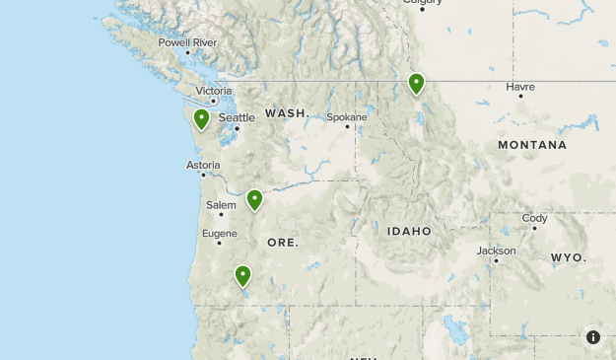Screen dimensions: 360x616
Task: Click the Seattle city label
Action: click(237, 117)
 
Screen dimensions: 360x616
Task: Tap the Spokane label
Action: click(347, 116)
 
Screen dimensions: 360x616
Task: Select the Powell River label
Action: click(187, 42)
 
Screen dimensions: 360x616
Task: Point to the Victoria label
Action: click(214, 91)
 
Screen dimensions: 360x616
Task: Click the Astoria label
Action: click(203, 165)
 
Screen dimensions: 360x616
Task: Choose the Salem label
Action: click(221, 205)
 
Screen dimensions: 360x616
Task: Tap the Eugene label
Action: click(220, 234)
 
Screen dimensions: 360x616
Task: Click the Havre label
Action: click(520, 87)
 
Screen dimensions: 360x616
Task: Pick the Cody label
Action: click(534, 218)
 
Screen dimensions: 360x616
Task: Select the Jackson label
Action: click(496, 251)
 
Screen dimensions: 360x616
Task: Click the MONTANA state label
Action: click(532, 145)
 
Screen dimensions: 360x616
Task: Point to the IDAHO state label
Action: click(409, 231)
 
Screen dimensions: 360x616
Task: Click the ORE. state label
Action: click(283, 242)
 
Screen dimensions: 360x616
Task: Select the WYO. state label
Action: click(568, 257)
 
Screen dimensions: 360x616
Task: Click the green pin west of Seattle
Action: click(201, 119)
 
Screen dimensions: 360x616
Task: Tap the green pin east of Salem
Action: click(254, 200)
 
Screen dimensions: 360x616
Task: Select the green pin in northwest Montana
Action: click(416, 84)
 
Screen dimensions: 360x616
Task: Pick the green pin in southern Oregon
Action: click(242, 275)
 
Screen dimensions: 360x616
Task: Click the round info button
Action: click(593, 337)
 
